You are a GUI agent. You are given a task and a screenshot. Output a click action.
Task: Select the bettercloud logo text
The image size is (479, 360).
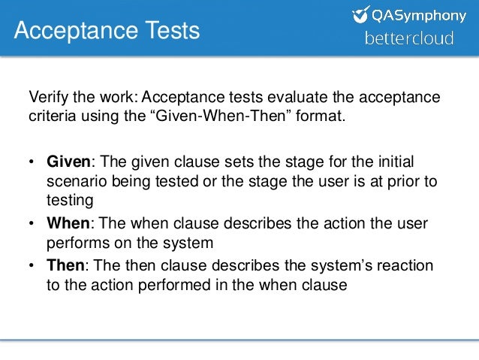408,38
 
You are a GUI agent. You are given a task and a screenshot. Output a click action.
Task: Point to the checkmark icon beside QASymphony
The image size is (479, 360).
361,14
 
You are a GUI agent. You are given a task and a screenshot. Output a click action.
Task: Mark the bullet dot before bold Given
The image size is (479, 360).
32,164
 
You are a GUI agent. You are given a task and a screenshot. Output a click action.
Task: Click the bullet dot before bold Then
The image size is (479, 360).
32,268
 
